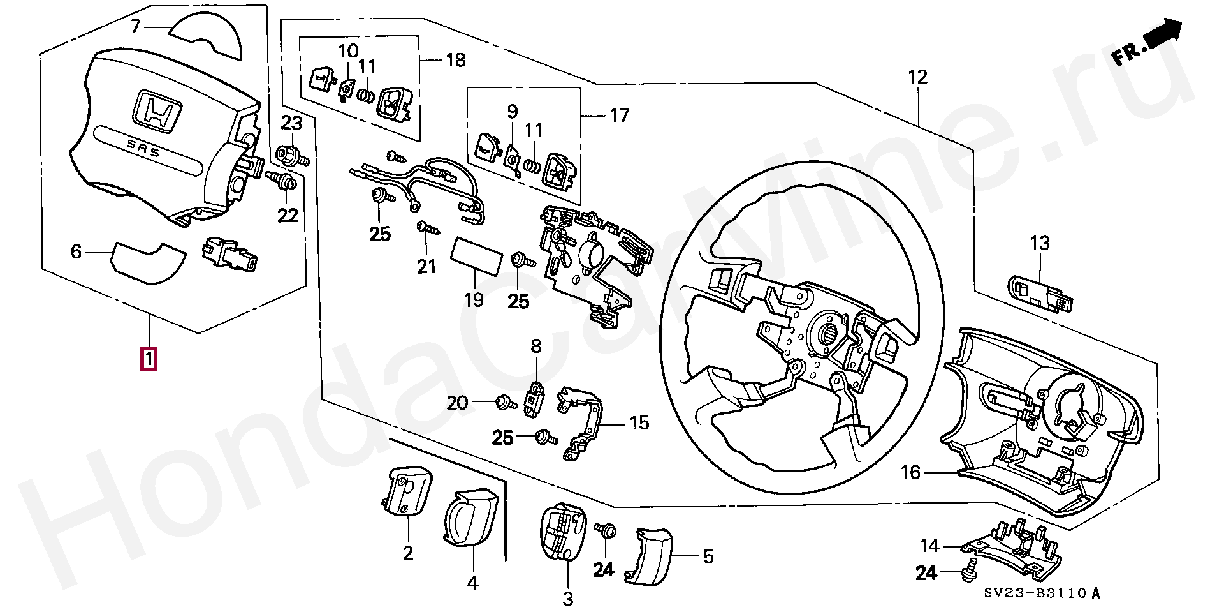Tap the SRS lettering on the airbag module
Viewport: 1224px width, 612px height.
(143, 148)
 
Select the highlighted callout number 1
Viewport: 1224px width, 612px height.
(149, 358)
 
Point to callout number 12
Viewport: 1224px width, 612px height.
(917, 78)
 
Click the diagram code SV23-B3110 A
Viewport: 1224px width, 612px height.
(1042, 593)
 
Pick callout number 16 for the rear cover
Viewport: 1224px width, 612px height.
(910, 472)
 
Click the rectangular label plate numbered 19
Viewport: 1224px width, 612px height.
(476, 257)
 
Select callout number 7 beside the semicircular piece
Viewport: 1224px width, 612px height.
(135, 27)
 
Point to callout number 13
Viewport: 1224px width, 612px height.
(1040, 243)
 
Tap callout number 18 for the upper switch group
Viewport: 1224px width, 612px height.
(456, 60)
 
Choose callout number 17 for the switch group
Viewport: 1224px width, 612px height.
(619, 116)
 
